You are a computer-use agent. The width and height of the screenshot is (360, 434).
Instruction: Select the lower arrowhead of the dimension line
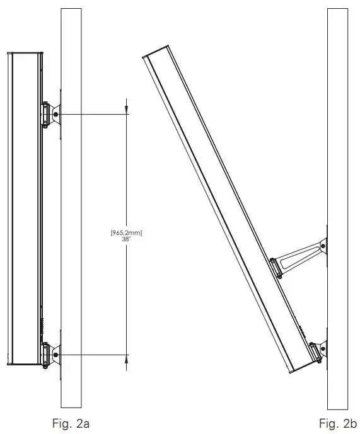coord(127,358)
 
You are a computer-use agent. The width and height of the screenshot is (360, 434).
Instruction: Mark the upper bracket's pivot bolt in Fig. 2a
coord(56,115)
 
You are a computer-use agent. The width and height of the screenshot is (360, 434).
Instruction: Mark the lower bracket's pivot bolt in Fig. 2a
coord(56,355)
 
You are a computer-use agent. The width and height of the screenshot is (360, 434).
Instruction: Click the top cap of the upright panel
coord(24,53)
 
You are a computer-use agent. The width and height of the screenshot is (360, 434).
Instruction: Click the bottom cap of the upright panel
coord(24,364)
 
